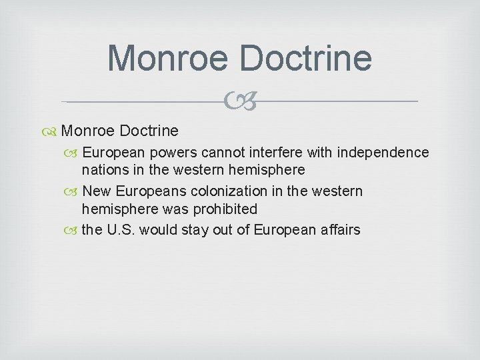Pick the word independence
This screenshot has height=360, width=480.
pos(383,153)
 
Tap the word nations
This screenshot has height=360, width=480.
pos(106,170)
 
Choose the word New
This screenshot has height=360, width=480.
pos(97,191)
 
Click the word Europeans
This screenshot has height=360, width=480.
pos(149,191)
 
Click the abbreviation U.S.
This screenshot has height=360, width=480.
pos(121,230)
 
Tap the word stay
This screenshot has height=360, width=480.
pos(199,230)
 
